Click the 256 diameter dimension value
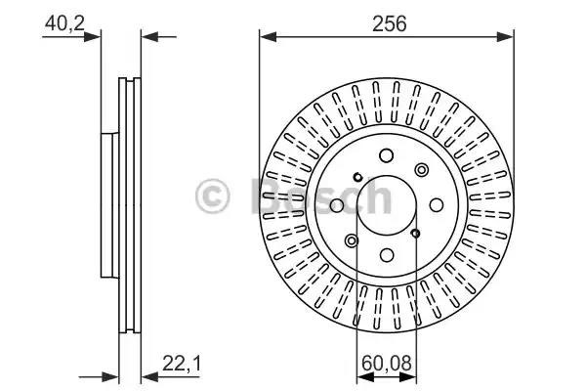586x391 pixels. click(x=389, y=23)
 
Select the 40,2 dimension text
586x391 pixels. click(x=64, y=23)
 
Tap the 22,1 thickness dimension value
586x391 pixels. click(x=182, y=364)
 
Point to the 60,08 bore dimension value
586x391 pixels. click(x=387, y=363)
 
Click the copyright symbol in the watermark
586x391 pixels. click(x=212, y=196)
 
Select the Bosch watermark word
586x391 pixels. click(x=321, y=195)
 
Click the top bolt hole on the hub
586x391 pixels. click(x=387, y=155)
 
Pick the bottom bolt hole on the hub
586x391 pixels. click(x=387, y=255)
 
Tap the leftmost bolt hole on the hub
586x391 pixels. click(x=337, y=205)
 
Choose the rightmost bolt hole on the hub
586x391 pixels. click(x=437, y=205)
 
